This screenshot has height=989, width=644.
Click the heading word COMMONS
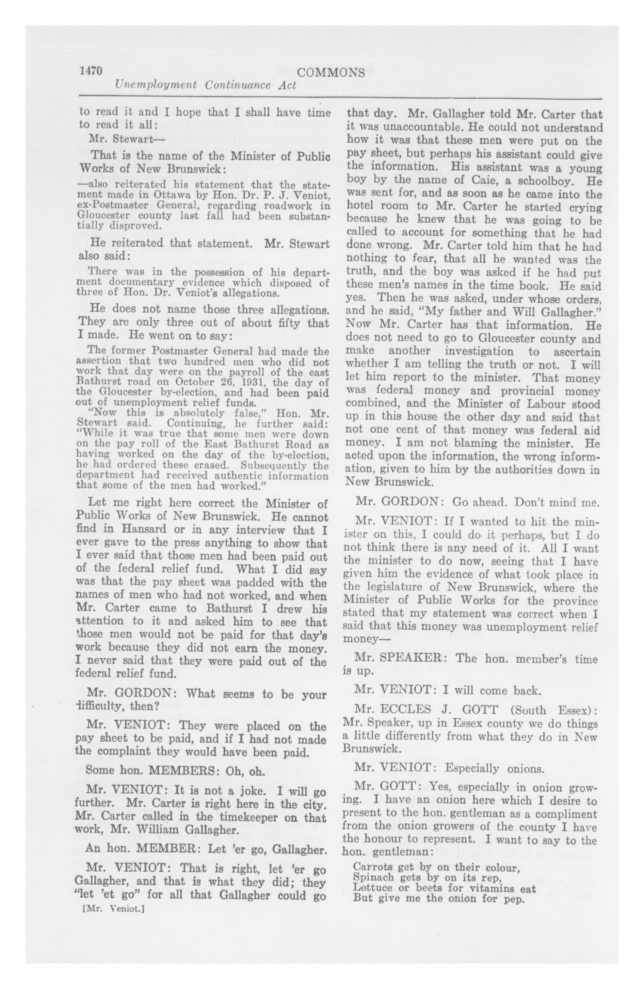(332, 73)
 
